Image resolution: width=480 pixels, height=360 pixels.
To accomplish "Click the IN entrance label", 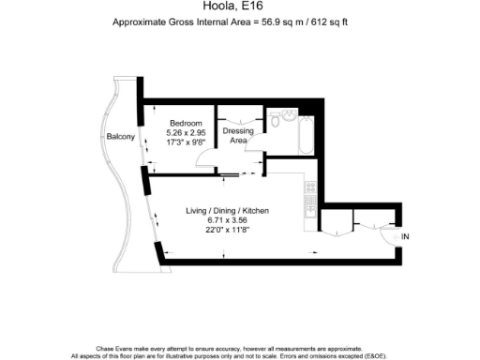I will point(405,236).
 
